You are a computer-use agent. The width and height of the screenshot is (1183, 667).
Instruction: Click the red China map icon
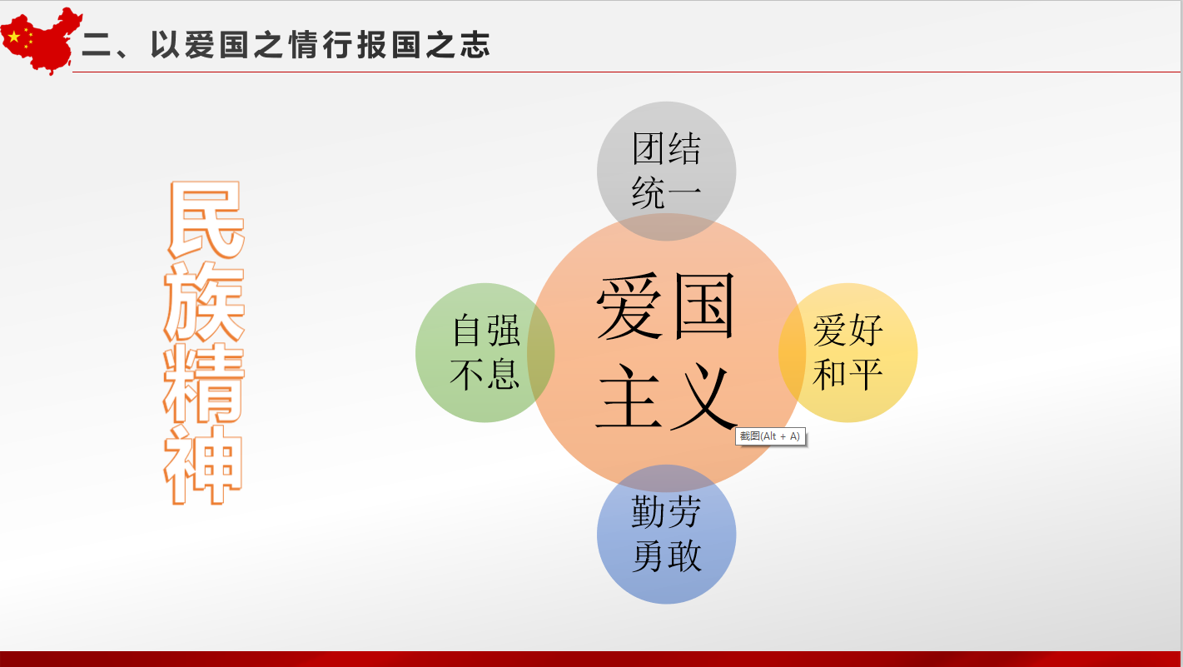click(x=41, y=40)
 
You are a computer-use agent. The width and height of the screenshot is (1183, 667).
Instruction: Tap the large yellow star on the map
click(x=14, y=37)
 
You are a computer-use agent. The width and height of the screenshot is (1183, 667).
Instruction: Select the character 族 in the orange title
click(x=204, y=302)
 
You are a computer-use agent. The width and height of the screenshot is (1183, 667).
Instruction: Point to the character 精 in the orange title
click(x=204, y=383)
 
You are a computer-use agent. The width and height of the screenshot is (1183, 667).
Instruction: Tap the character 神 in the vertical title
click(x=203, y=465)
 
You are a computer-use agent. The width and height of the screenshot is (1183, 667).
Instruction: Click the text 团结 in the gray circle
click(x=667, y=148)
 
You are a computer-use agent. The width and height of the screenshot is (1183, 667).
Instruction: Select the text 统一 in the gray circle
click(x=667, y=193)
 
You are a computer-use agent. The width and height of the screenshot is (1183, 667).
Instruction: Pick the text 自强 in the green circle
click(x=486, y=330)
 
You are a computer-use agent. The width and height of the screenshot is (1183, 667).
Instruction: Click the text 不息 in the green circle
click(x=485, y=374)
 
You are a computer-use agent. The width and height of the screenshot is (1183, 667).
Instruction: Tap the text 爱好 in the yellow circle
click(x=847, y=330)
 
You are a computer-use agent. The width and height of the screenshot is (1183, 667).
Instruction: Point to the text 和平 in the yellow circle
click(x=847, y=374)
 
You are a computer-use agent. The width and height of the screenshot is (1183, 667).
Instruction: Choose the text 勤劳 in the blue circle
click(x=667, y=511)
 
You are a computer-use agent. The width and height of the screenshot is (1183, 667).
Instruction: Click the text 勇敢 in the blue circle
click(x=667, y=555)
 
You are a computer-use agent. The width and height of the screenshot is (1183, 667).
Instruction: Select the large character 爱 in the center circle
click(x=629, y=306)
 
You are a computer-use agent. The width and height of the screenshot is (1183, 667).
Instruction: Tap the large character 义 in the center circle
click(x=703, y=396)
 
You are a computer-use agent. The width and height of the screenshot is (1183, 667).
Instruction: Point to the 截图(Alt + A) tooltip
click(x=771, y=436)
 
